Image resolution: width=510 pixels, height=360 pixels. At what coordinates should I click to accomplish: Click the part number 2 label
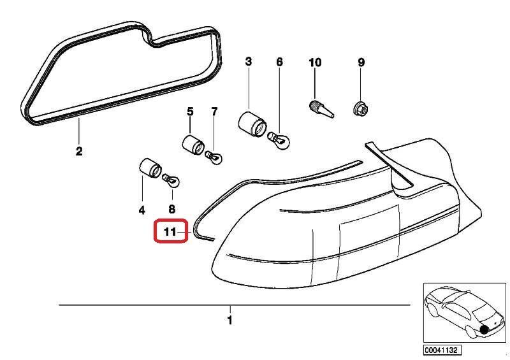pos(79,152)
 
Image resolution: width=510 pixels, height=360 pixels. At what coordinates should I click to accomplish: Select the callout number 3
pos(248,62)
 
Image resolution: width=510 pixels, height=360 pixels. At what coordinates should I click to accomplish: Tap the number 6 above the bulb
pos(279,62)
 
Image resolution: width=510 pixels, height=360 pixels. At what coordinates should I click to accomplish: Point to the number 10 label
pos(315,62)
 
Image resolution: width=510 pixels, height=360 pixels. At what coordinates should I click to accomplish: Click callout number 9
pos(361,62)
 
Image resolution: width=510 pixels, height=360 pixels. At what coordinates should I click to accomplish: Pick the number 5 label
pos(189,112)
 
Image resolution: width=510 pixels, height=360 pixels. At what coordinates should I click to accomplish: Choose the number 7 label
pos(214,112)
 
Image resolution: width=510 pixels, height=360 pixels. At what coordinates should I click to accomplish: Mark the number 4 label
pos(142,209)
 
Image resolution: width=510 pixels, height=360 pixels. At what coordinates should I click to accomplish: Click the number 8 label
pos(171,209)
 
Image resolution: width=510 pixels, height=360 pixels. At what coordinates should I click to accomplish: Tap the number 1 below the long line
pos(229,320)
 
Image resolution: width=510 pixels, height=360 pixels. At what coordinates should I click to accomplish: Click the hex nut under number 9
pos(360,110)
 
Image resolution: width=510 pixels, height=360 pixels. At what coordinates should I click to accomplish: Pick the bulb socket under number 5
pos(192,144)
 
